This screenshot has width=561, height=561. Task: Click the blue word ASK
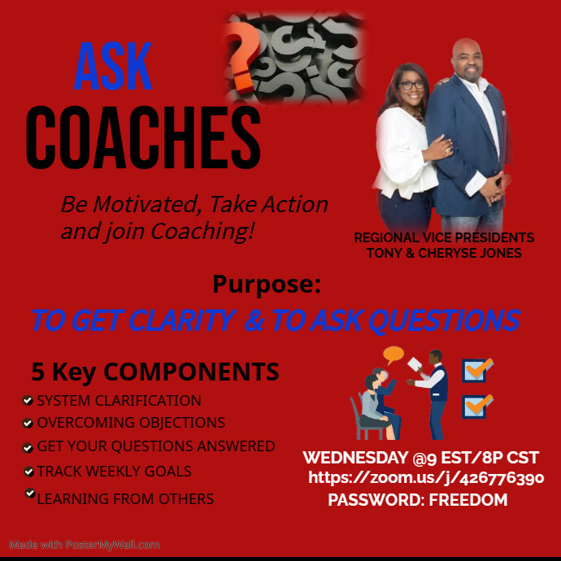tap(113, 67)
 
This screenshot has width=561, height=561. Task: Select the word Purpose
tap(266, 285)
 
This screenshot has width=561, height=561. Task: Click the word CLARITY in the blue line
tap(166, 320)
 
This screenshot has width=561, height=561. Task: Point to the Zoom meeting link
tap(426, 478)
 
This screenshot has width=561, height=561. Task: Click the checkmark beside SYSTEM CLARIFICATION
tap(28, 401)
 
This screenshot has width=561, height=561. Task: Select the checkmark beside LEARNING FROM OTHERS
tap(29, 493)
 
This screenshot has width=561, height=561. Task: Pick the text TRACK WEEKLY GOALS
tap(114, 471)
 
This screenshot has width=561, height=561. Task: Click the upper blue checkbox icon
tap(476, 371)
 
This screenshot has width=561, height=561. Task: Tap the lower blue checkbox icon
tap(476, 405)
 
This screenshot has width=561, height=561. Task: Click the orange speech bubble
tap(394, 354)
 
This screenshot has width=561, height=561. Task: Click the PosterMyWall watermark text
tap(85, 545)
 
